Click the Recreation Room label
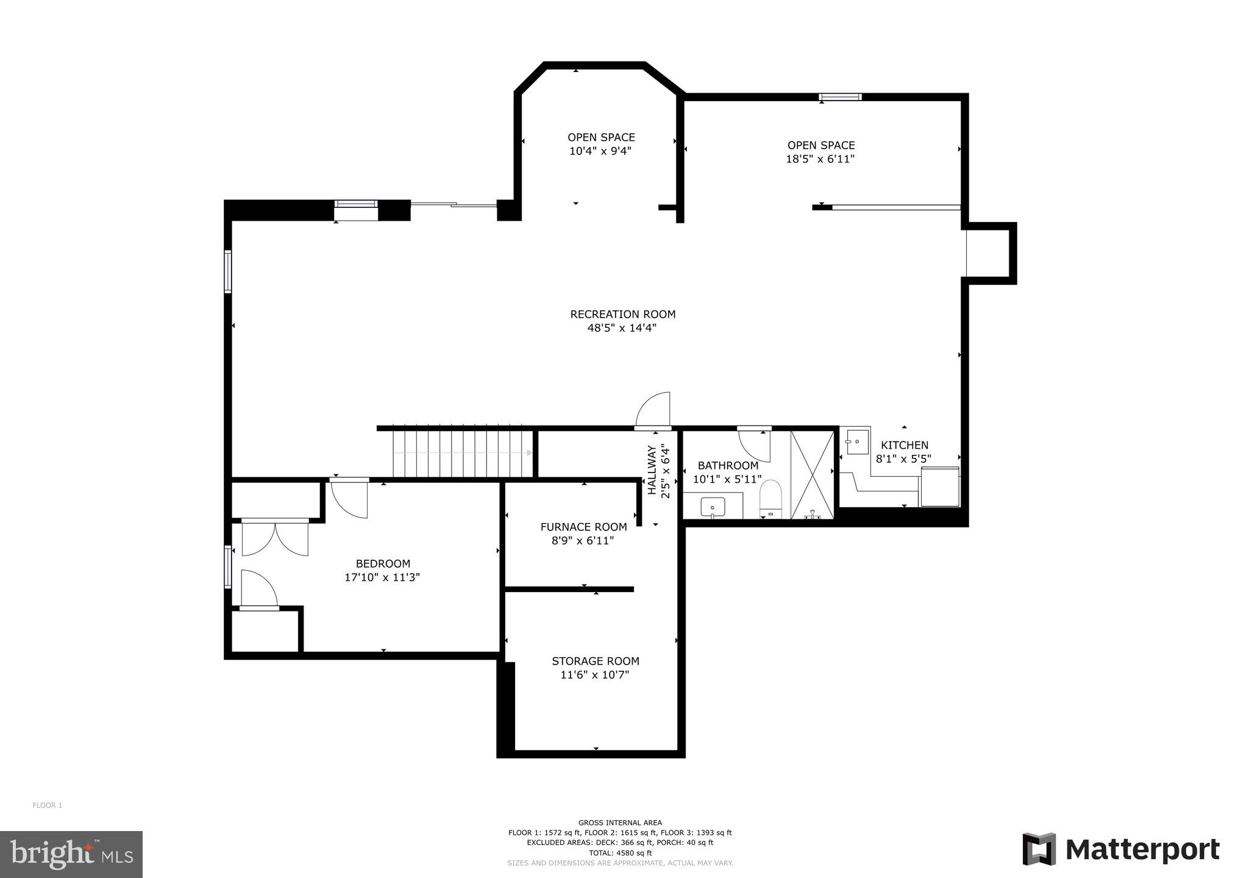622,314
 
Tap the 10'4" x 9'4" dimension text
600,151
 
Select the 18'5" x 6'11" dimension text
820,159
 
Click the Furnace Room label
583,527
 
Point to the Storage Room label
595,661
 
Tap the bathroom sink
712,507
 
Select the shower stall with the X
812,474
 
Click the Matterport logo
1120,849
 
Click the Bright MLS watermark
71,854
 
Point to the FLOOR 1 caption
48,805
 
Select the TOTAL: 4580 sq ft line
620,852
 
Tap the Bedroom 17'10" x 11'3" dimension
382,577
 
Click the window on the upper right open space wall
840,96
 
